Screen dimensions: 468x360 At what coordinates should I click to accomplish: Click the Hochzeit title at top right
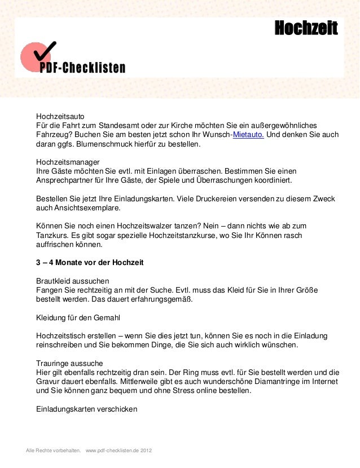tap(306, 27)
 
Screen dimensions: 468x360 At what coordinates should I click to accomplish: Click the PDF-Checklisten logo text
tap(82, 69)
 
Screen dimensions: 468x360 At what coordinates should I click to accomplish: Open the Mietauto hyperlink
tap(248, 135)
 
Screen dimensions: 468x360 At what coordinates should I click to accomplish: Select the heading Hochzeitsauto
tap(60, 114)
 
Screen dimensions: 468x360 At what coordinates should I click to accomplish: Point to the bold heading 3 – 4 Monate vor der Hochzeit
tap(90, 263)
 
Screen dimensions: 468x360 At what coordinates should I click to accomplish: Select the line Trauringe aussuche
tap(69, 363)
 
